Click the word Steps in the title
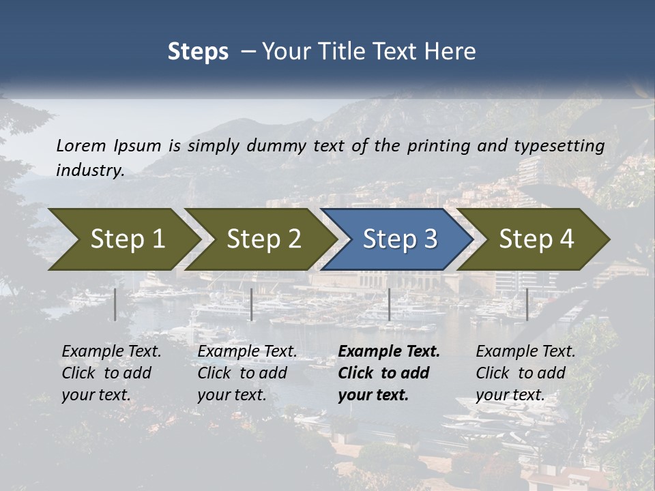tap(198, 52)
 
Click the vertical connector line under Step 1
tap(115, 304)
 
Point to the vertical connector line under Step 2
tap(252, 304)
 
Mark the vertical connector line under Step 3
tap(390, 304)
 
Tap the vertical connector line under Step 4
tap(527, 304)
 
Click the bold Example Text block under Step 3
tap(388, 373)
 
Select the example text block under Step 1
tap(111, 373)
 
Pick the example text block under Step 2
tap(247, 373)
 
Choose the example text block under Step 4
tap(525, 373)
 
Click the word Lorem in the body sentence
tap(81, 145)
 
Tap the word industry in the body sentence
tap(89, 170)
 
